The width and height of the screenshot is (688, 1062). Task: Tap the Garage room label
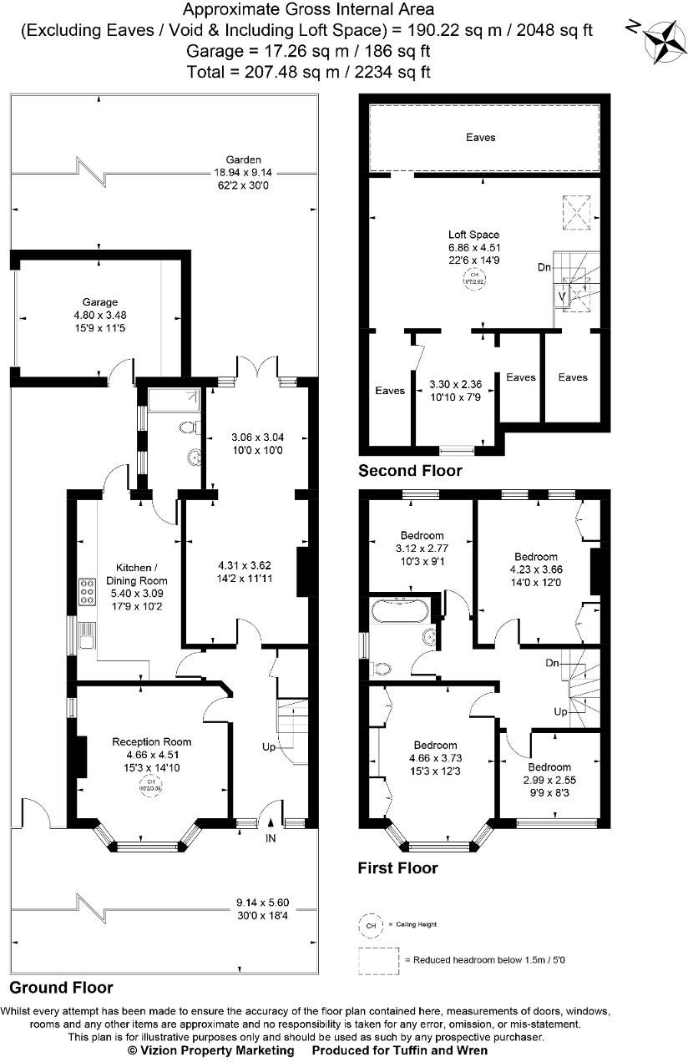[x=99, y=302]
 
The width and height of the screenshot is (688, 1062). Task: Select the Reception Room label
[x=152, y=741]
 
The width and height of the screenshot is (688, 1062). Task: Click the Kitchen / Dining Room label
[x=136, y=580]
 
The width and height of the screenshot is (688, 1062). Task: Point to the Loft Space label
[x=474, y=235]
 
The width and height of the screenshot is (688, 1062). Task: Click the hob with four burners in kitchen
[x=88, y=592]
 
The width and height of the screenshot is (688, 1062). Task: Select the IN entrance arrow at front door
[x=271, y=837]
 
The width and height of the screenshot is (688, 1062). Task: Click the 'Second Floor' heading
[x=409, y=471]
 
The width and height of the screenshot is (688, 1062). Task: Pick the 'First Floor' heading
[x=397, y=868]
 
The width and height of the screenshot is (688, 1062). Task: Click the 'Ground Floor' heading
[x=62, y=988]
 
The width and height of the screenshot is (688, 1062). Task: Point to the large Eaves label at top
[x=481, y=137]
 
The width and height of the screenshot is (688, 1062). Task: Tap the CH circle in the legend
[x=370, y=925]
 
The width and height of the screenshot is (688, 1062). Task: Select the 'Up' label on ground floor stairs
[x=269, y=747]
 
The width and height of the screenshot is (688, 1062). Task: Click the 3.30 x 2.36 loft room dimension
[x=455, y=386]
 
